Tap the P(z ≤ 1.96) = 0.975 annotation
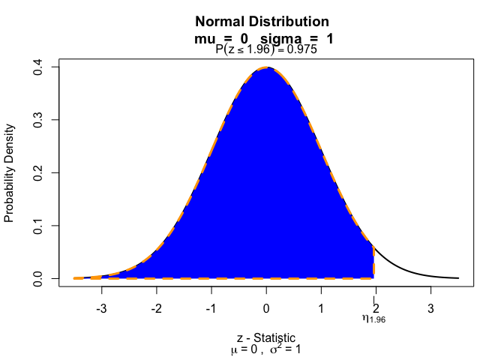tap(266, 50)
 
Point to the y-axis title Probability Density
tap(10, 173)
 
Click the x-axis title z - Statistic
tap(266, 337)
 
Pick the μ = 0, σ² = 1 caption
tap(266, 349)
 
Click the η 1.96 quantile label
tap(373, 319)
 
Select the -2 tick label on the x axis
tap(155, 307)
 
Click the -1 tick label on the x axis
tap(210, 307)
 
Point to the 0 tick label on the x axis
tap(266, 307)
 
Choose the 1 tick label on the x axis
tap(321, 307)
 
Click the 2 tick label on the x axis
tap(376, 307)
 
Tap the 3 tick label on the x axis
tap(430, 307)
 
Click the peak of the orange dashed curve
tap(266, 68)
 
